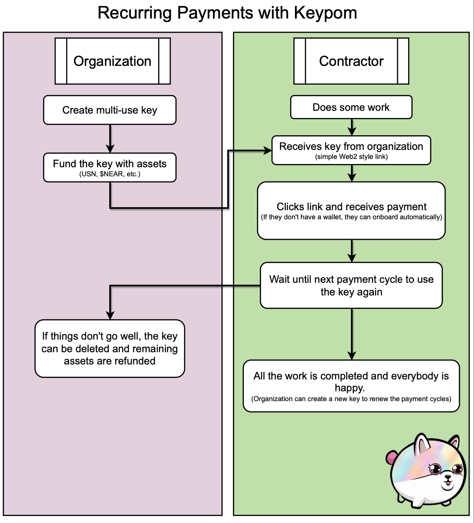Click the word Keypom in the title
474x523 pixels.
pos(325,13)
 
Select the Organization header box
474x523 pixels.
pos(112,61)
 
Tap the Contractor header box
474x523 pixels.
pos(351,61)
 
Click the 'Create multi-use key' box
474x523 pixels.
pos(110,110)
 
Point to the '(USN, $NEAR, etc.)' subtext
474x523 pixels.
pos(110,174)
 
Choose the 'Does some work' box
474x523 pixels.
pos(351,107)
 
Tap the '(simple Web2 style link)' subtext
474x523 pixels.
pos(351,157)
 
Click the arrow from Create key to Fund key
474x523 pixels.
pos(110,138)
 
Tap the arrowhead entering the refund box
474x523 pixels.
pos(110,315)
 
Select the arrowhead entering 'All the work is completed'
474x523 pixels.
pos(352,355)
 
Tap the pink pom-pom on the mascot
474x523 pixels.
pos(390,458)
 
